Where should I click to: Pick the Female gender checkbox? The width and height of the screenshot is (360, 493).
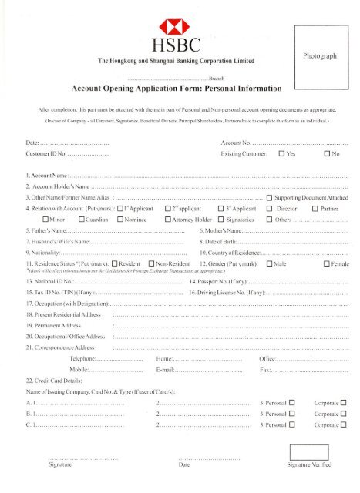327,264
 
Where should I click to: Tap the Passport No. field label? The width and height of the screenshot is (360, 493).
224,282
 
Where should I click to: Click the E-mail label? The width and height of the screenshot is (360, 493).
167,370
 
